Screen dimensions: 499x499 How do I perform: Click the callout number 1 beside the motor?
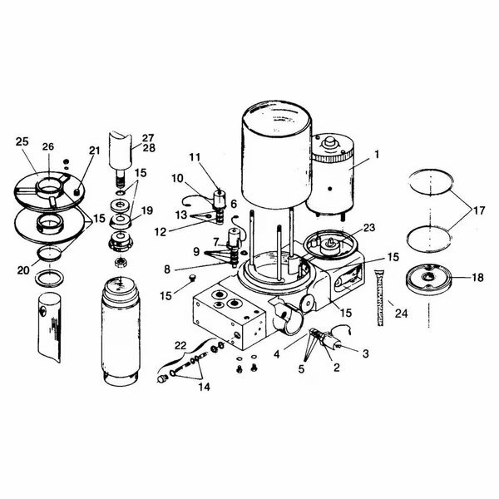click(376, 153)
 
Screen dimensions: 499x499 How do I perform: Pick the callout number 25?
click(21, 142)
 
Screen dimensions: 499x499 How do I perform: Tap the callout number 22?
click(179, 345)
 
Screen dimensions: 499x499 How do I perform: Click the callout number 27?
click(147, 138)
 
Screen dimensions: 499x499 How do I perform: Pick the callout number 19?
click(147, 210)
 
